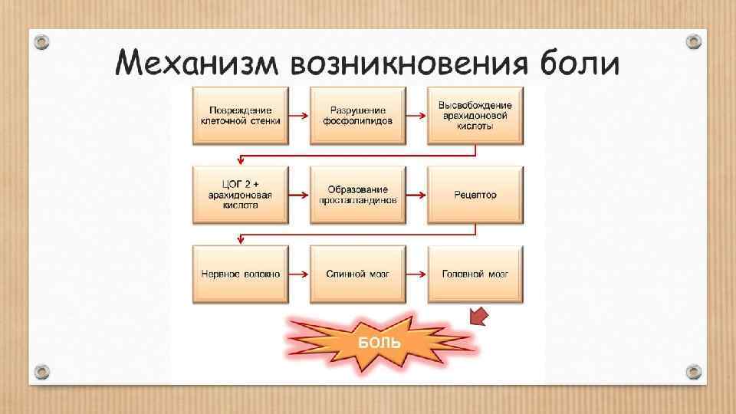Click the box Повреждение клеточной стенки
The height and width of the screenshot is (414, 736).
point(240,115)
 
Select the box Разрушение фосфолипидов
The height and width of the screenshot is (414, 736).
point(357,115)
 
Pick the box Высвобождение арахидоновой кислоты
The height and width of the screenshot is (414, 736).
point(475,115)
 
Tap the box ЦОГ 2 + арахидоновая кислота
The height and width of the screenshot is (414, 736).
point(240,195)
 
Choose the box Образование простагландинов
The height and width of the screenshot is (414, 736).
point(357,195)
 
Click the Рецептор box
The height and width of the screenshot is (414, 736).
point(475,195)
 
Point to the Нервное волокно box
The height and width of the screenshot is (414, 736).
point(240,274)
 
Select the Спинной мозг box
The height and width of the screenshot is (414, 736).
point(357,274)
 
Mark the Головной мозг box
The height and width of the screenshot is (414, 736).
point(475,274)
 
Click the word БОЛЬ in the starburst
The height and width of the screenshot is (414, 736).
point(379,340)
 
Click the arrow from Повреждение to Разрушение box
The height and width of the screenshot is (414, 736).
point(299,116)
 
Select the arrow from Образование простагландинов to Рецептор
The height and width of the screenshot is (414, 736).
point(416,195)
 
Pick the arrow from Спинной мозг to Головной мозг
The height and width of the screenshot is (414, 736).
point(416,274)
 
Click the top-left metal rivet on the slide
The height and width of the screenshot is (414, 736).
point(42,40)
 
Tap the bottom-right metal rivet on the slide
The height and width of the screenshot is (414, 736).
point(693,372)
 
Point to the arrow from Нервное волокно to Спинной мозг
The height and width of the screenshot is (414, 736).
point(299,274)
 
